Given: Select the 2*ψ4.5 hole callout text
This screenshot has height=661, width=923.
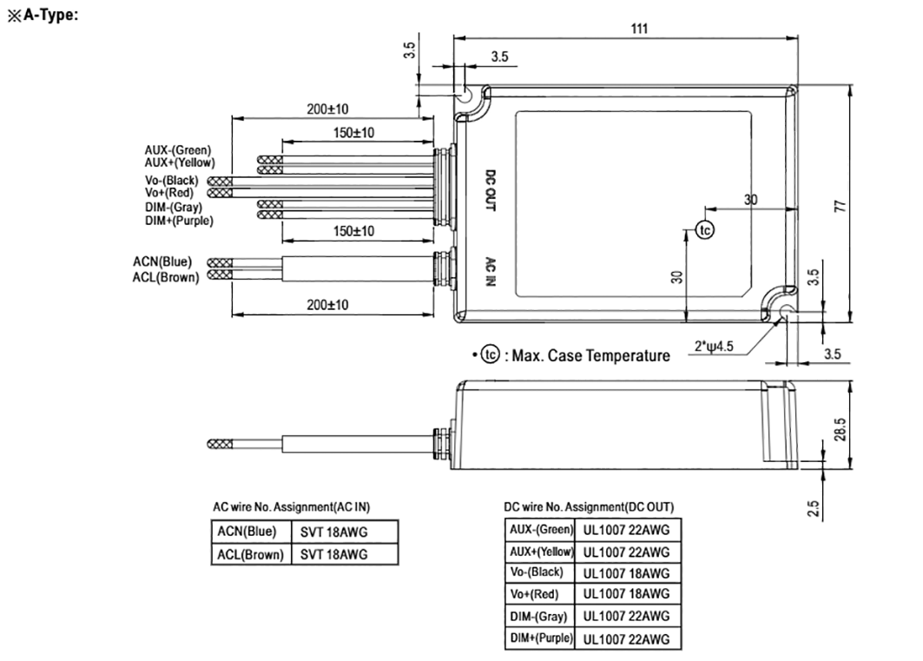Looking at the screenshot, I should [x=715, y=346].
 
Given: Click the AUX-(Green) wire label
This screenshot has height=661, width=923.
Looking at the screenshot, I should [x=178, y=150].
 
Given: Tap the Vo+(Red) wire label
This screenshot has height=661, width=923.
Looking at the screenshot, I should [x=170, y=191].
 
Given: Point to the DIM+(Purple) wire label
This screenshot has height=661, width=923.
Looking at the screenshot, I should [x=178, y=221].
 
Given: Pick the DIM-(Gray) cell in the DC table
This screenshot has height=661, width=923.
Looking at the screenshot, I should [x=539, y=617].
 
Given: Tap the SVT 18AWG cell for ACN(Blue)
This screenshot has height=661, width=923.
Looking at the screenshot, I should [x=334, y=532].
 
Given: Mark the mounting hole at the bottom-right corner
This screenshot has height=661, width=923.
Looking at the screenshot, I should [x=786, y=313].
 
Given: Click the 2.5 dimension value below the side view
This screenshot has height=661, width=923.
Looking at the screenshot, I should [x=813, y=507].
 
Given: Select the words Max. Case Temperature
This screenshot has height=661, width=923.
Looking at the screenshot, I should [x=590, y=355].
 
